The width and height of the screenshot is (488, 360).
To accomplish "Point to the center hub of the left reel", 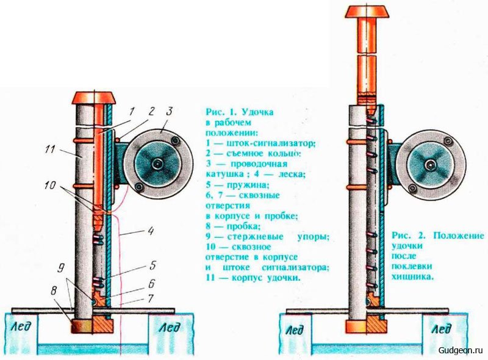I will click(x=158, y=164).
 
